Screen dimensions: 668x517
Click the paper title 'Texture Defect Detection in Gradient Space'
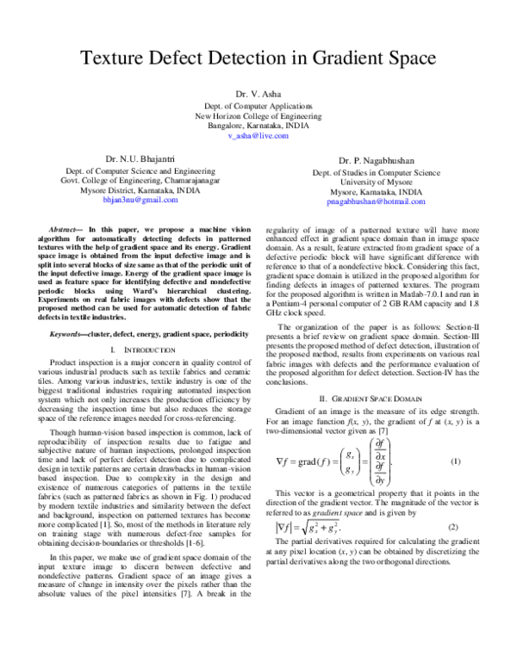click(x=258, y=59)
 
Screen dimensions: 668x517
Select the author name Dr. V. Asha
click(x=258, y=92)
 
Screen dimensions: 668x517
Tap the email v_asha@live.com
click(x=258, y=136)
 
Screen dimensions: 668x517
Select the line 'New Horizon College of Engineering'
click(x=258, y=114)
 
